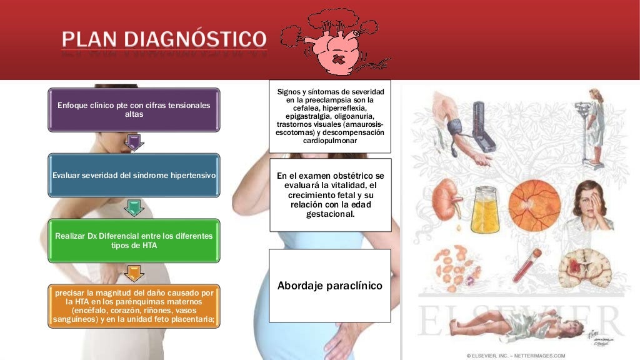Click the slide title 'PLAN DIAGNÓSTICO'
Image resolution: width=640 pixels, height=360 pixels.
[164, 39]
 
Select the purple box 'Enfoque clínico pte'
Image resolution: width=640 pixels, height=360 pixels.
[134, 109]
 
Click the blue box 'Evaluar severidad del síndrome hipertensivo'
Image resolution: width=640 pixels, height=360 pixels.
[134, 176]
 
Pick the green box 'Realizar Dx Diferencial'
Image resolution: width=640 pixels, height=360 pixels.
[134, 241]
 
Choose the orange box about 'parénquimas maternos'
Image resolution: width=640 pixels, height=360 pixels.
[134, 306]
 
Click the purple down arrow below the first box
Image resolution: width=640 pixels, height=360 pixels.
[134, 142]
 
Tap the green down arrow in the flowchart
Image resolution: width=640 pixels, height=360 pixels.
[134, 208]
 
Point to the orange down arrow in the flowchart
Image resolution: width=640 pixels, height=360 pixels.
[134, 273]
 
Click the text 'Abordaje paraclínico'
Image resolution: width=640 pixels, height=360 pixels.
[329, 286]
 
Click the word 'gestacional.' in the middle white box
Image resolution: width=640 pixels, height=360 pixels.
[329, 214]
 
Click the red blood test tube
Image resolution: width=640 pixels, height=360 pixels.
[527, 266]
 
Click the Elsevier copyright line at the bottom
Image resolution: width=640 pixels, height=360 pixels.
[516, 356]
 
